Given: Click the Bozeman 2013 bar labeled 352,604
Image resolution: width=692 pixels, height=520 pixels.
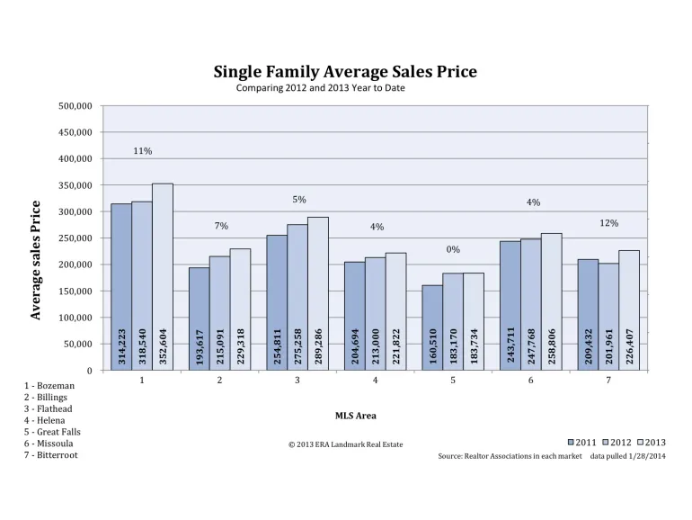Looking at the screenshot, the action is tap(163, 277).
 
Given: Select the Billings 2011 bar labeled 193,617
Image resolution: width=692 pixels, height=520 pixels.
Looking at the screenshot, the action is tap(199, 318).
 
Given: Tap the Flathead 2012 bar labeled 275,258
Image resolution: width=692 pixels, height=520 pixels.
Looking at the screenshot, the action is tap(297, 297).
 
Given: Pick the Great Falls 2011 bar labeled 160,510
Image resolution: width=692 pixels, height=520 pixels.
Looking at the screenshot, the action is tap(432, 327).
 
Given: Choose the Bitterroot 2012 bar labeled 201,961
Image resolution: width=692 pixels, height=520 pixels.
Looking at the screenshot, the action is tap(608, 317).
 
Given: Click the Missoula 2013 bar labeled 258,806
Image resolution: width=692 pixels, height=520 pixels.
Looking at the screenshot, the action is tap(552, 301).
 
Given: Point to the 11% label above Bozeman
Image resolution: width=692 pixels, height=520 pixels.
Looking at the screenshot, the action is tap(143, 151).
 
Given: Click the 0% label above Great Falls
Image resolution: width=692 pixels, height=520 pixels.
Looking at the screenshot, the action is tap(453, 249).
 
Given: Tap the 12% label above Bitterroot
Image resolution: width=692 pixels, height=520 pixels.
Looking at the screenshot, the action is tap(609, 223).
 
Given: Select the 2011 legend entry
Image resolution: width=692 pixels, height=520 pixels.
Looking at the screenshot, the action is tap(581, 443).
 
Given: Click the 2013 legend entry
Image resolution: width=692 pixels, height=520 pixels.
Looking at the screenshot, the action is tap(652, 443).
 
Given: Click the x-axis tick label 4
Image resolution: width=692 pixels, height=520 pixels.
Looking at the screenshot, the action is tap(375, 380).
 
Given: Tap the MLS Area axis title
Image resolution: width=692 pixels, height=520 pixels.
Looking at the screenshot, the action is tap(356, 416).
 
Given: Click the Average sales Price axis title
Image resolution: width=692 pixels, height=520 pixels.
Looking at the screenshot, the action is tap(35, 260).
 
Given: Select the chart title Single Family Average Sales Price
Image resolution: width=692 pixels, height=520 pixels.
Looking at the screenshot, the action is tap(345, 72).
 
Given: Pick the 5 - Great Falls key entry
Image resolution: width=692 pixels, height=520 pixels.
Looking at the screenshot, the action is tap(52, 432).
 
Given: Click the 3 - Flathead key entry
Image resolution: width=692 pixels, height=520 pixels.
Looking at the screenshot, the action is tap(49, 408).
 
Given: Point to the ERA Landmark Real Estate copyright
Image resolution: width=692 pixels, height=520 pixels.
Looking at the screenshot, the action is tap(346, 444).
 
